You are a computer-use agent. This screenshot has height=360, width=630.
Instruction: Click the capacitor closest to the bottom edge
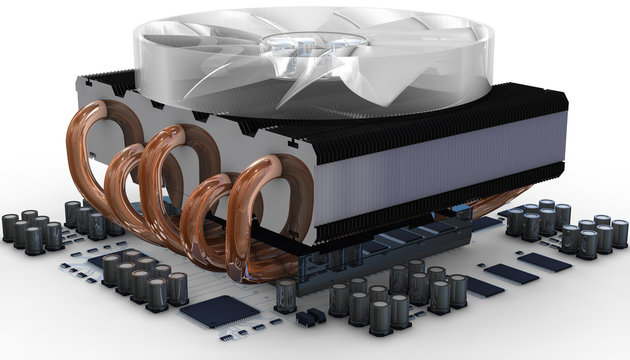(x=380, y=318)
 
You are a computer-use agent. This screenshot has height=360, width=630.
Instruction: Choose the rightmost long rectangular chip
(x=545, y=262)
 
